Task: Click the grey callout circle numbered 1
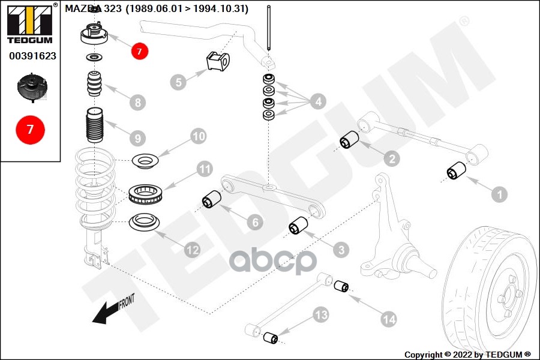499,194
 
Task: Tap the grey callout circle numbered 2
391,158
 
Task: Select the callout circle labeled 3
340,248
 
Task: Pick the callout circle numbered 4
318,101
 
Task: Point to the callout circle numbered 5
178,82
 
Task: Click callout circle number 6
254,223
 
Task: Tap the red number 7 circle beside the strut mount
139,52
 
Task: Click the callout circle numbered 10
199,136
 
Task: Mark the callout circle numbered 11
205,170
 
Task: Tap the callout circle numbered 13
321,314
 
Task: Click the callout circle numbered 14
389,320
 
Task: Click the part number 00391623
32,56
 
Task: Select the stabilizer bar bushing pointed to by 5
218,61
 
